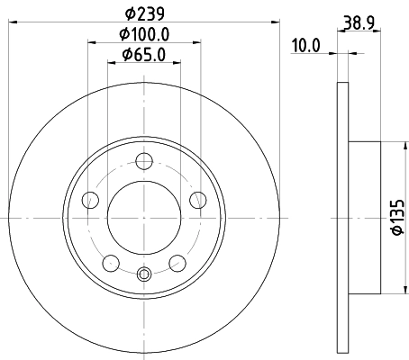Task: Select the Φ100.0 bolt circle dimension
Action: [145, 36]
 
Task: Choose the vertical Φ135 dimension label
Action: [392, 217]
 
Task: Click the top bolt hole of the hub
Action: [143, 162]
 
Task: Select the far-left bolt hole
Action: [89, 201]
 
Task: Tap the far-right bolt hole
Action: [197, 201]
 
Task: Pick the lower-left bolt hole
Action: [110, 263]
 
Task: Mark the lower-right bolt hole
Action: [177, 263]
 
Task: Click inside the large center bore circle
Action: [143, 217]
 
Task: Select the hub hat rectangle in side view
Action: [366, 217]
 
